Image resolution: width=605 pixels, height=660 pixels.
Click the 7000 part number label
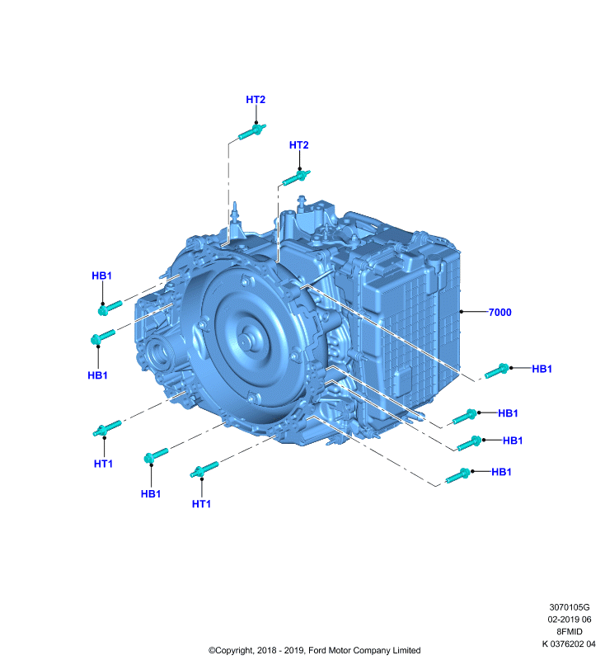[x=499, y=313]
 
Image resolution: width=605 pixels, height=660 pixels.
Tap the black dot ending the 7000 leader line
[x=462, y=312]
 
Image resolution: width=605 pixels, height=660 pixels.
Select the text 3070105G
[x=570, y=607]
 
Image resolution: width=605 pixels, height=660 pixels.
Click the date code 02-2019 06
[x=570, y=620]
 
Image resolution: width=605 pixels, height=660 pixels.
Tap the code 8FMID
[x=570, y=631]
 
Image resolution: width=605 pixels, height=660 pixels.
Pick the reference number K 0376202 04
[x=569, y=643]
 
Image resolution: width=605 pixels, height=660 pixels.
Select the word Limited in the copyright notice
[x=406, y=650]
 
